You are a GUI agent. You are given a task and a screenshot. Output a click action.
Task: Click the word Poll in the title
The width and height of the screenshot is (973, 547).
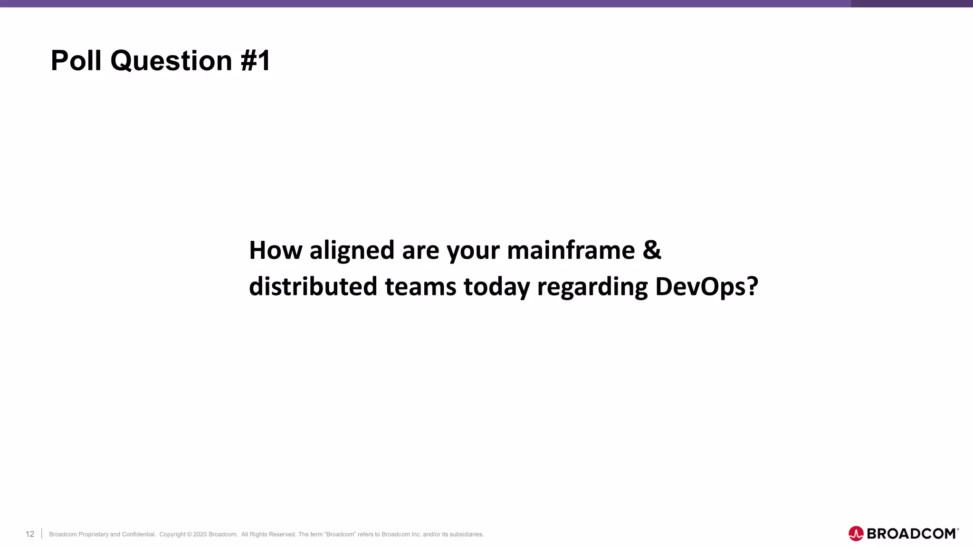[76, 61]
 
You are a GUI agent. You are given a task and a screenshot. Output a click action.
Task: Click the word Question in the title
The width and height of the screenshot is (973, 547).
[171, 61]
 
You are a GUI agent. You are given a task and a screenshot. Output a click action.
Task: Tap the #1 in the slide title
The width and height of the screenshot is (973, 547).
[256, 61]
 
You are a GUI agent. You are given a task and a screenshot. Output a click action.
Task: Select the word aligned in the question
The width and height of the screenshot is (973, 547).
[352, 250]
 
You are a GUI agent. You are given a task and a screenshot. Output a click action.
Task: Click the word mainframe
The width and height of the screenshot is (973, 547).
[571, 250]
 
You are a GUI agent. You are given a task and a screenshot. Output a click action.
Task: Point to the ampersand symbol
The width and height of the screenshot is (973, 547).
[652, 250]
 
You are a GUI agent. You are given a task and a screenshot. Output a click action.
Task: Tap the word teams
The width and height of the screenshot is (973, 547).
[420, 287]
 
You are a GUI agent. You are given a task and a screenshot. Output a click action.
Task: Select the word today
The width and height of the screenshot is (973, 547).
[496, 287]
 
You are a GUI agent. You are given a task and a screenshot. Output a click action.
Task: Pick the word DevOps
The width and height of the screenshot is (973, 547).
[701, 287]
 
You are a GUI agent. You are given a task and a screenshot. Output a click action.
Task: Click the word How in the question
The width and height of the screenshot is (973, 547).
[276, 250]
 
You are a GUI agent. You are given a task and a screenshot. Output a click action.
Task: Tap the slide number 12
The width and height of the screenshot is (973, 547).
[30, 534]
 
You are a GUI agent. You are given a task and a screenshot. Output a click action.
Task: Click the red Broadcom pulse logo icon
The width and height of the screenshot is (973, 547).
[856, 534]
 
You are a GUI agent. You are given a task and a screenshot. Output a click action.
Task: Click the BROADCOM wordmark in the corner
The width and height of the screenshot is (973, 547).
[911, 534]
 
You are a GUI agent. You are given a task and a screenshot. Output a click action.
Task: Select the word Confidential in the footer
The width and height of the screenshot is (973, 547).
[138, 534]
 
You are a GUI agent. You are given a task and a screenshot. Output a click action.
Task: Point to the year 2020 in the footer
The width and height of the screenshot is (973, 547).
[200, 534]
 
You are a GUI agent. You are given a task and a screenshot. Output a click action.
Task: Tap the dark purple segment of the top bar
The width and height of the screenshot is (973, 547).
[911, 3]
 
